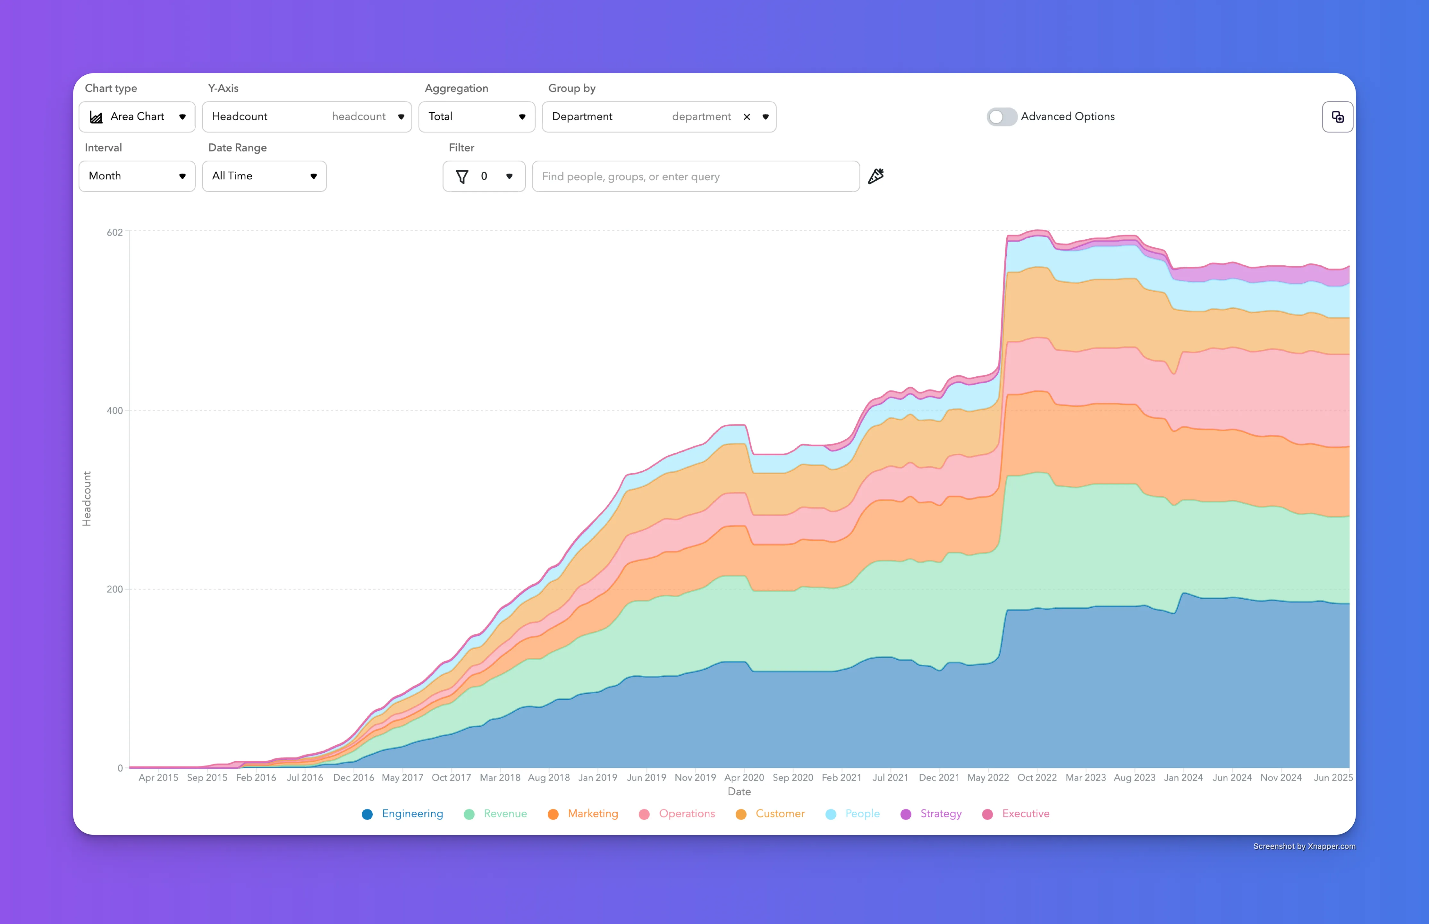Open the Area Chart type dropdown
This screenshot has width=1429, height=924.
[137, 116]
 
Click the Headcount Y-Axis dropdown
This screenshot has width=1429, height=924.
[307, 116]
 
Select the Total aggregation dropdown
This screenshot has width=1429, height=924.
[477, 116]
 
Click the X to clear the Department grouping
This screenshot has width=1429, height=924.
[747, 117]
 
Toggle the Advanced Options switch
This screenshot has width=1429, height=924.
[1002, 116]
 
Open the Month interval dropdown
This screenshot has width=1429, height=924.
[137, 176]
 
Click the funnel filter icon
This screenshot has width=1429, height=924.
[462, 176]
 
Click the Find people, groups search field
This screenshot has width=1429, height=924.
[696, 176]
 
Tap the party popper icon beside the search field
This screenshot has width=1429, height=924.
[876, 176]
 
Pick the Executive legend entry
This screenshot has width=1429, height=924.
[1016, 814]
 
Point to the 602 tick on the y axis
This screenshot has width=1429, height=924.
[114, 232]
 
